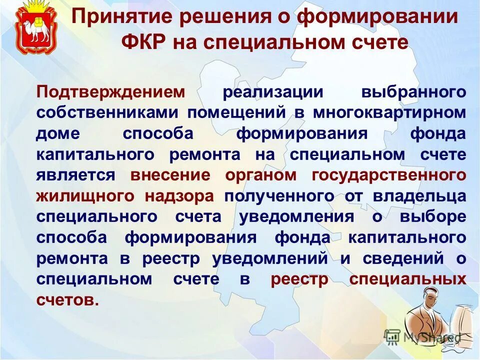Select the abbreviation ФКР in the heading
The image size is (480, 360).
tap(143, 42)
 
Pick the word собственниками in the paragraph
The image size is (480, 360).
tap(108, 113)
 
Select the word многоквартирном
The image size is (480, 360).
tap(390, 113)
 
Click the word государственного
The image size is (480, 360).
tap(389, 175)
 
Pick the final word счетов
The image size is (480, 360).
tap(65, 300)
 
